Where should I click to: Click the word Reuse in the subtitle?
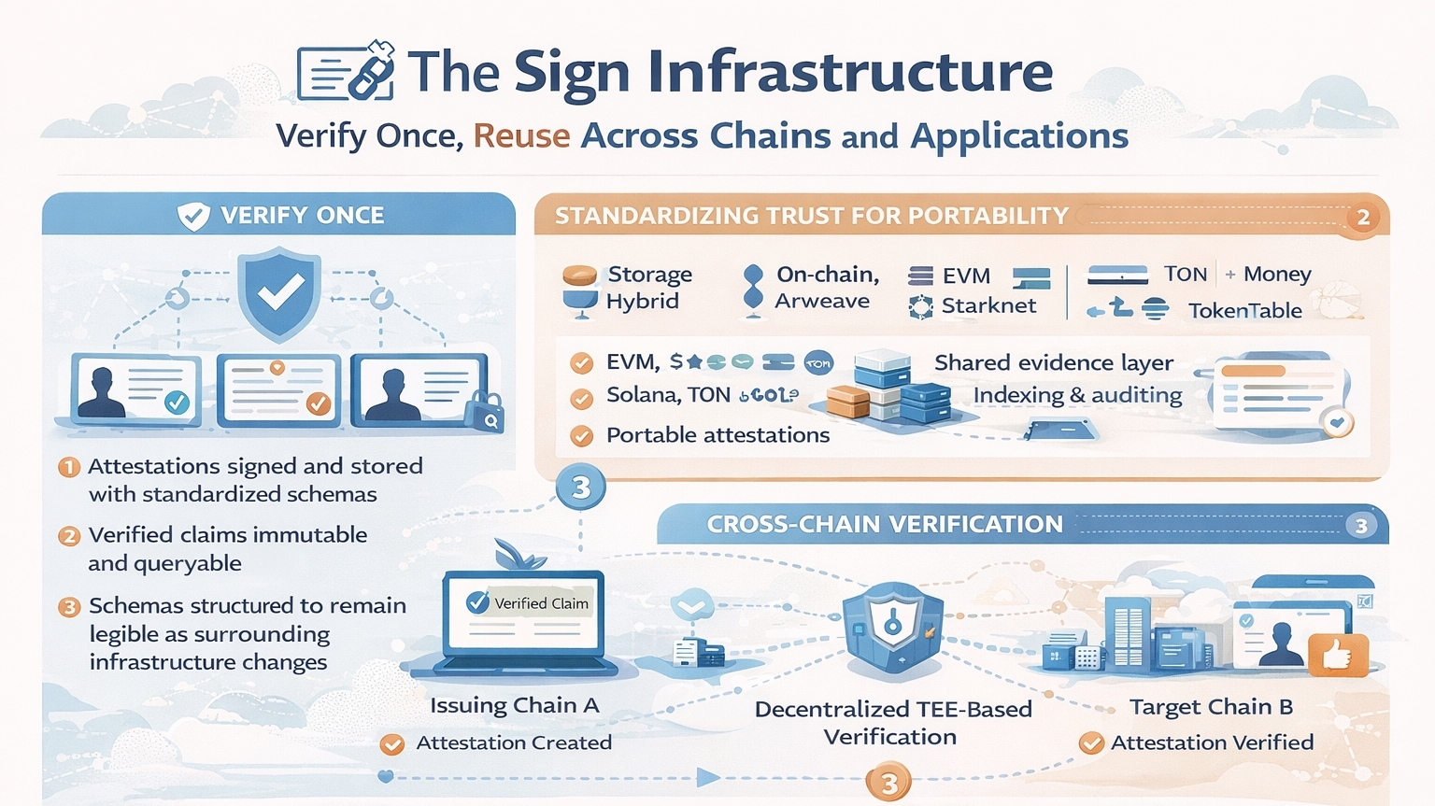pos(521,136)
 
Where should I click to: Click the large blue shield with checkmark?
pos(279,293)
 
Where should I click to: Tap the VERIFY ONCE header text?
pos(302,216)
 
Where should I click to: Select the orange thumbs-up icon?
pos(1337,655)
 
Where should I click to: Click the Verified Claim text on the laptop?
pos(541,603)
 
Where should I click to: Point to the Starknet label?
pos(988,306)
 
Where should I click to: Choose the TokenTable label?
pos(1244,311)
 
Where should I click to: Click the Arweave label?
pos(822,301)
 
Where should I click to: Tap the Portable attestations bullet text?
pos(717,435)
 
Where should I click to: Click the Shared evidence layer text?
pos(1053,362)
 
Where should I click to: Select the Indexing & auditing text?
pos(1077,395)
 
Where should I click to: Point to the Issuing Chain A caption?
pos(514,705)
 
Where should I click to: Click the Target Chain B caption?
pos(1211,707)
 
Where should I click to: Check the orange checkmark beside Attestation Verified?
pos(1090,743)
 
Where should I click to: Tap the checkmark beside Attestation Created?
pos(392,744)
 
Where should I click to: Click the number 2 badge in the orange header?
pos(1363,218)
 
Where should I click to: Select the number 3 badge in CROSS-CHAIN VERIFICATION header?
pos(1361,526)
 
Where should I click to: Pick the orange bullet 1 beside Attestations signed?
pos(69,466)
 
